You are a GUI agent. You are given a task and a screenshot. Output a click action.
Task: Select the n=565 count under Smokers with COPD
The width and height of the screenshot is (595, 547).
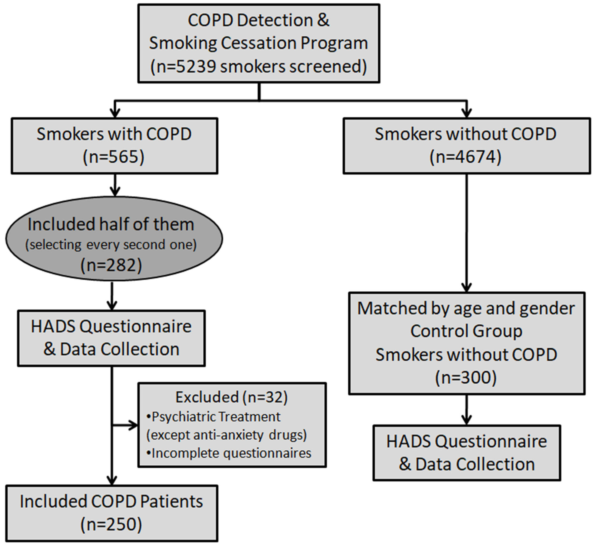pyautogui.click(x=114, y=157)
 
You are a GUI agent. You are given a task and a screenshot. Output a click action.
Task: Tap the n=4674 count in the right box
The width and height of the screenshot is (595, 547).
pyautogui.click(x=466, y=157)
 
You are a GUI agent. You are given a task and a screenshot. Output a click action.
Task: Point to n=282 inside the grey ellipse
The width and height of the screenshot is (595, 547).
pyautogui.click(x=111, y=265)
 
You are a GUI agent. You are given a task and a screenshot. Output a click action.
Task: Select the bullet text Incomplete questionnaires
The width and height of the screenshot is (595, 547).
pyautogui.click(x=231, y=453)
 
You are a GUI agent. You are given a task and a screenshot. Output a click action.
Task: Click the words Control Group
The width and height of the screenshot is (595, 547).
pyautogui.click(x=466, y=331)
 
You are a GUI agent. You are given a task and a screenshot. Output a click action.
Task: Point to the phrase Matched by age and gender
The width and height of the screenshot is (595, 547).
pyautogui.click(x=466, y=308)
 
